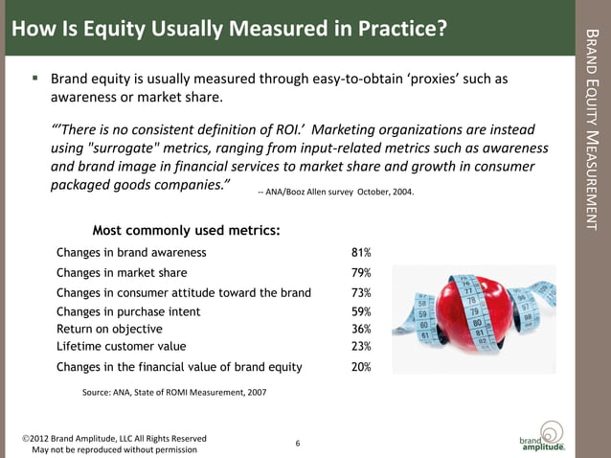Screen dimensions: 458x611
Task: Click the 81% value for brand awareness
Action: point(361,253)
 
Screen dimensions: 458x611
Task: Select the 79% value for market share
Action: point(361,273)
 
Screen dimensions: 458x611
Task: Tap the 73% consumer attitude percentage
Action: point(361,293)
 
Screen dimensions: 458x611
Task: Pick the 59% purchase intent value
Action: point(361,311)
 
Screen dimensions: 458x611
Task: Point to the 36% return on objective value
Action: point(361,329)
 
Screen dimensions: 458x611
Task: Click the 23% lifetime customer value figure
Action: point(361,346)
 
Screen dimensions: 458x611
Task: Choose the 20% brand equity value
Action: point(361,366)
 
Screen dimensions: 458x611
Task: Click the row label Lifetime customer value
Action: point(122,346)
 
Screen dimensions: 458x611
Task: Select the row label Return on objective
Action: point(108,329)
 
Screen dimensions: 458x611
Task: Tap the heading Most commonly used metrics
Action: point(186,230)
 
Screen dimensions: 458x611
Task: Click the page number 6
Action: point(298,443)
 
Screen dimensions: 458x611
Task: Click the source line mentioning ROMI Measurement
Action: point(174,392)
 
